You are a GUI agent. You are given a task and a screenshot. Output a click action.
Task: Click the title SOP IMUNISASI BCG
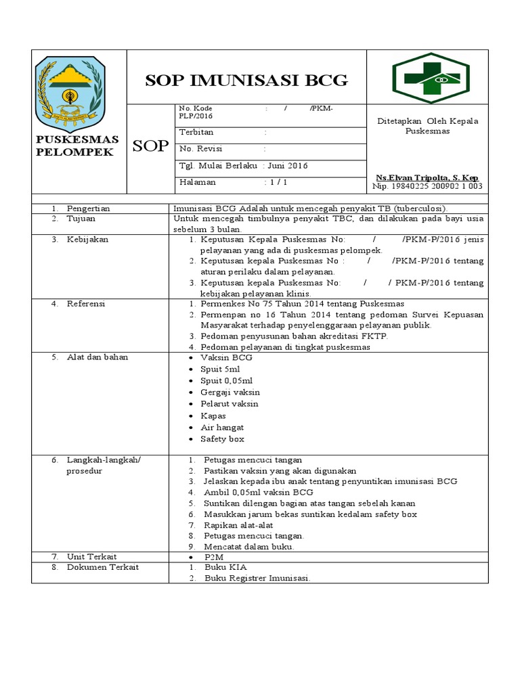click(246, 81)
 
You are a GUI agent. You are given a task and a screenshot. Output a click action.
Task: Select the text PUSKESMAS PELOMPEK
click(77, 146)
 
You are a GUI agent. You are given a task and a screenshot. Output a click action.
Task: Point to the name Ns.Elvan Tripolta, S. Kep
click(427, 177)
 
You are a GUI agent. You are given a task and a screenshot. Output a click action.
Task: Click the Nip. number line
click(427, 186)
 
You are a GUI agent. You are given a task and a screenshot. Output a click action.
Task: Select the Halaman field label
click(197, 182)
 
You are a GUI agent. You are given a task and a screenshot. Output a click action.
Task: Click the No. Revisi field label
click(201, 149)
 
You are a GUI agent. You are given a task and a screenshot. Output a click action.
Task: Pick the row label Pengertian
click(88, 208)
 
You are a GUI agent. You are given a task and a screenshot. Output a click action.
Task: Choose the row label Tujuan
click(81, 219)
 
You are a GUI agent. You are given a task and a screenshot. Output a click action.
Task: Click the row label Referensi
click(85, 304)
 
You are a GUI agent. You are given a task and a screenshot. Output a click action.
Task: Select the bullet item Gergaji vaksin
click(230, 392)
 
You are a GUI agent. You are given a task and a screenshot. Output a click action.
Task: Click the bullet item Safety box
click(222, 439)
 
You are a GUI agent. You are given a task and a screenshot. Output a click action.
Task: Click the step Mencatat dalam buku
click(248, 546)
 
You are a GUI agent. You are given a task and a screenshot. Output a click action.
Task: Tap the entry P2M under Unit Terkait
click(214, 556)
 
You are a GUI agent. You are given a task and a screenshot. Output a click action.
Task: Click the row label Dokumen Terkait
click(102, 567)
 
